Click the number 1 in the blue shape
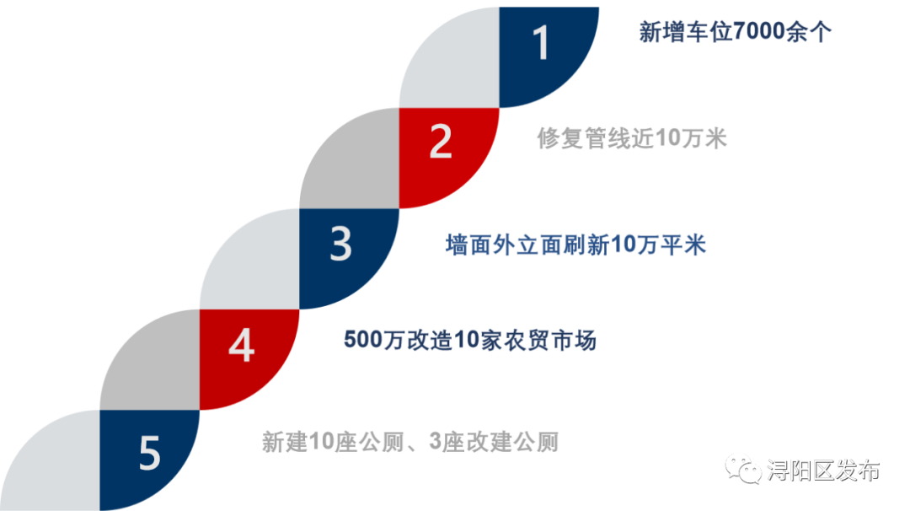point(542,44)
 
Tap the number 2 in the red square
point(441,143)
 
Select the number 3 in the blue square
point(340,245)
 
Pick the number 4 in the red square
point(241,345)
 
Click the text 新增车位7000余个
point(736,33)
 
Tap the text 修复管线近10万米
point(632,138)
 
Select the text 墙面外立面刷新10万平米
point(575,245)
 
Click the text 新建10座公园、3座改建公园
point(410,443)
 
